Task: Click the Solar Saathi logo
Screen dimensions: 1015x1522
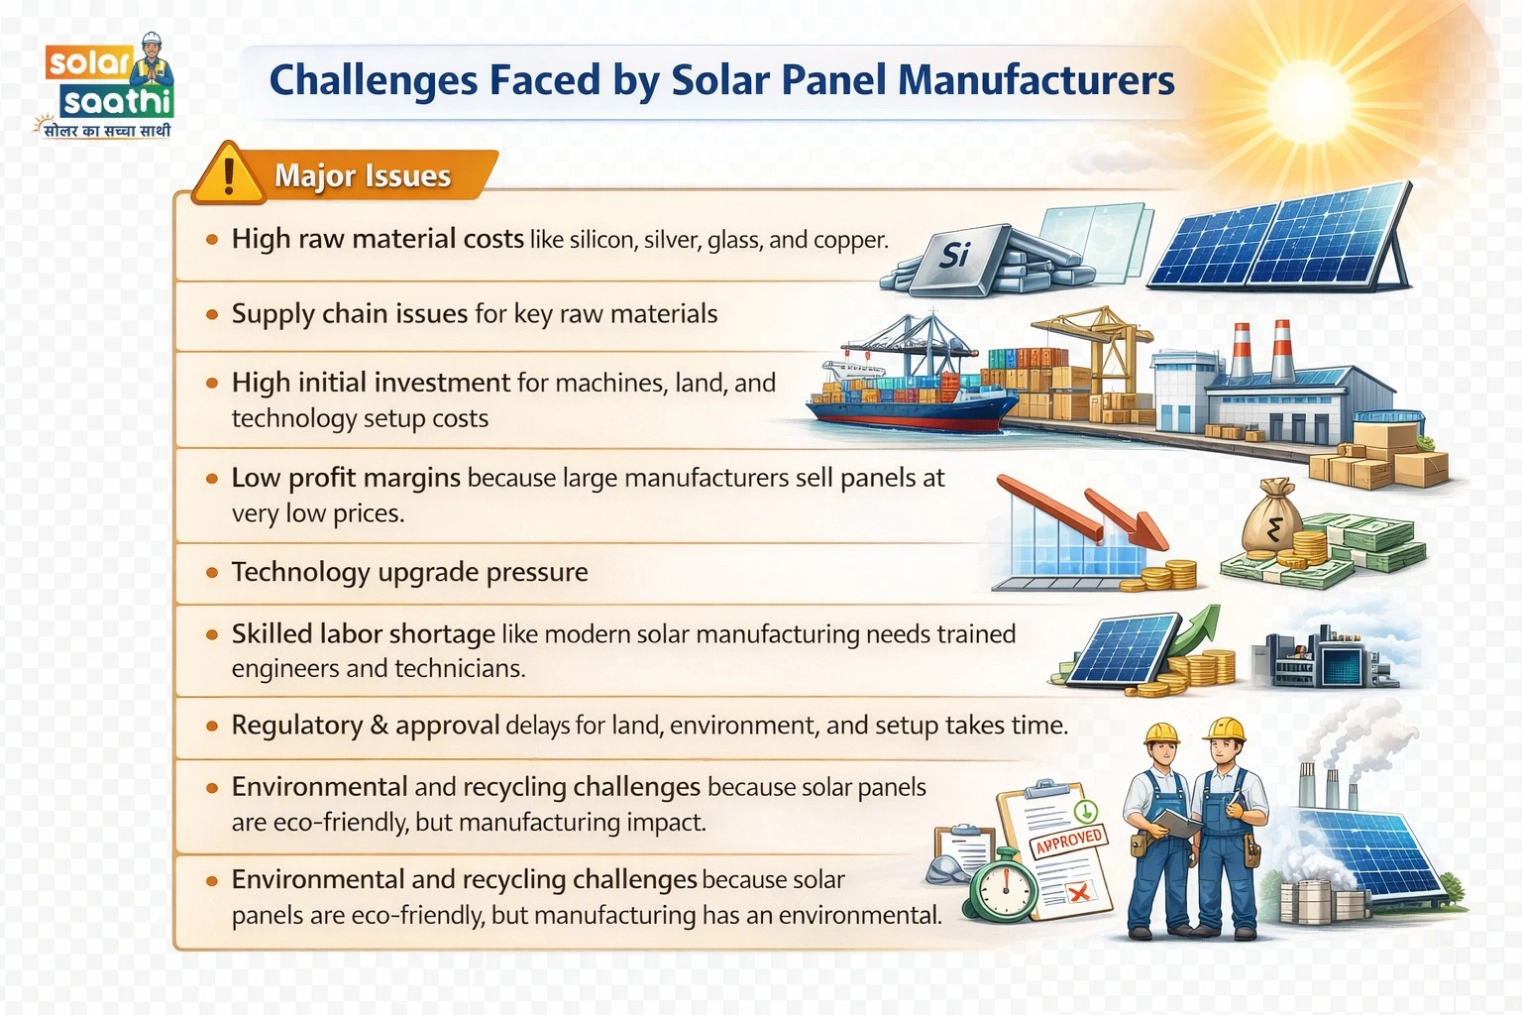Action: coord(109,87)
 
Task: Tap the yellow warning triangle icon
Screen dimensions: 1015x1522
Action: coord(229,175)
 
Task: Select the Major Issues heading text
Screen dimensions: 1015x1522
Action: coord(363,175)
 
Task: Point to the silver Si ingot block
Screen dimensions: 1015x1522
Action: coord(953,257)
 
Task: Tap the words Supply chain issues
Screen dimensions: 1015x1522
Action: coord(350,314)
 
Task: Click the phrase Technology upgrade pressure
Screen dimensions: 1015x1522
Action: coord(409,572)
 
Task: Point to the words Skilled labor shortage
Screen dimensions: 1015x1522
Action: coord(363,633)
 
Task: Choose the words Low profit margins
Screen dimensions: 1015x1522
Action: coord(346,478)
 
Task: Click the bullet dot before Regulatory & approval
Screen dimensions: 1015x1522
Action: coord(211,726)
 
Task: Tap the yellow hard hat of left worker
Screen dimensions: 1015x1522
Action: coord(1160,733)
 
